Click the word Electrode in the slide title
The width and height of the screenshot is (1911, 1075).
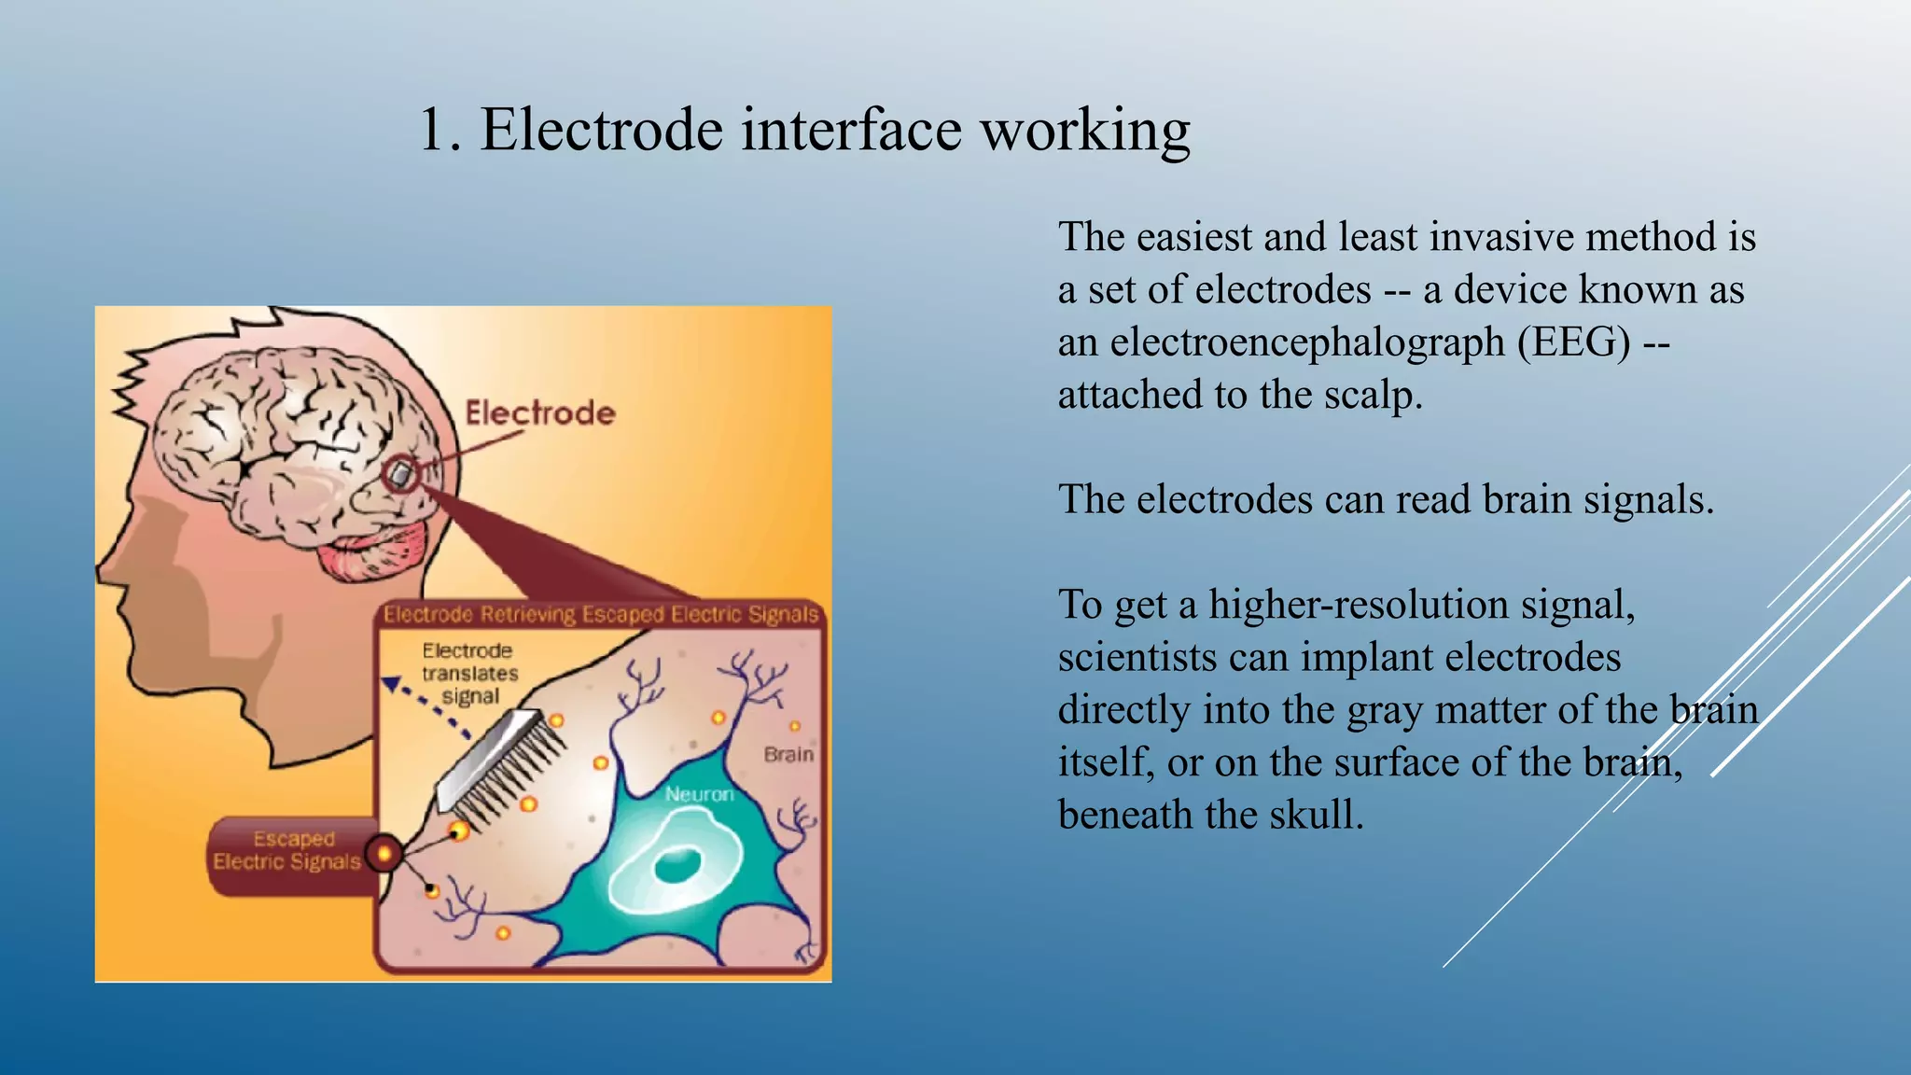click(x=601, y=129)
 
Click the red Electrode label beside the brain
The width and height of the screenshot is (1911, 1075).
click(x=540, y=412)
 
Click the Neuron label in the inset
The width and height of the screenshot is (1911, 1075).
click(x=699, y=794)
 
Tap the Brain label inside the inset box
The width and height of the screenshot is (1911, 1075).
click(x=788, y=754)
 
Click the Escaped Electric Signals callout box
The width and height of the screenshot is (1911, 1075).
click(x=287, y=850)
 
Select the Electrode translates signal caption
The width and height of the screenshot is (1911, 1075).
click(x=469, y=673)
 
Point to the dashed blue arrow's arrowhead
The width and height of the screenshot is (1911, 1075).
click(x=392, y=685)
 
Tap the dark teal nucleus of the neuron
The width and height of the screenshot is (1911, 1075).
click(x=677, y=865)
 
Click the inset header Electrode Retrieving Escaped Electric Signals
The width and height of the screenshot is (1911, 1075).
click(x=601, y=614)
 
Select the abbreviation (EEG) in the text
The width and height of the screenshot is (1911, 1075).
click(x=1573, y=342)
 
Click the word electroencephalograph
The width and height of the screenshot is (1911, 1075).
click(x=1306, y=342)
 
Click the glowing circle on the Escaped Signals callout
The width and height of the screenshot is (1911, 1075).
click(x=384, y=853)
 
